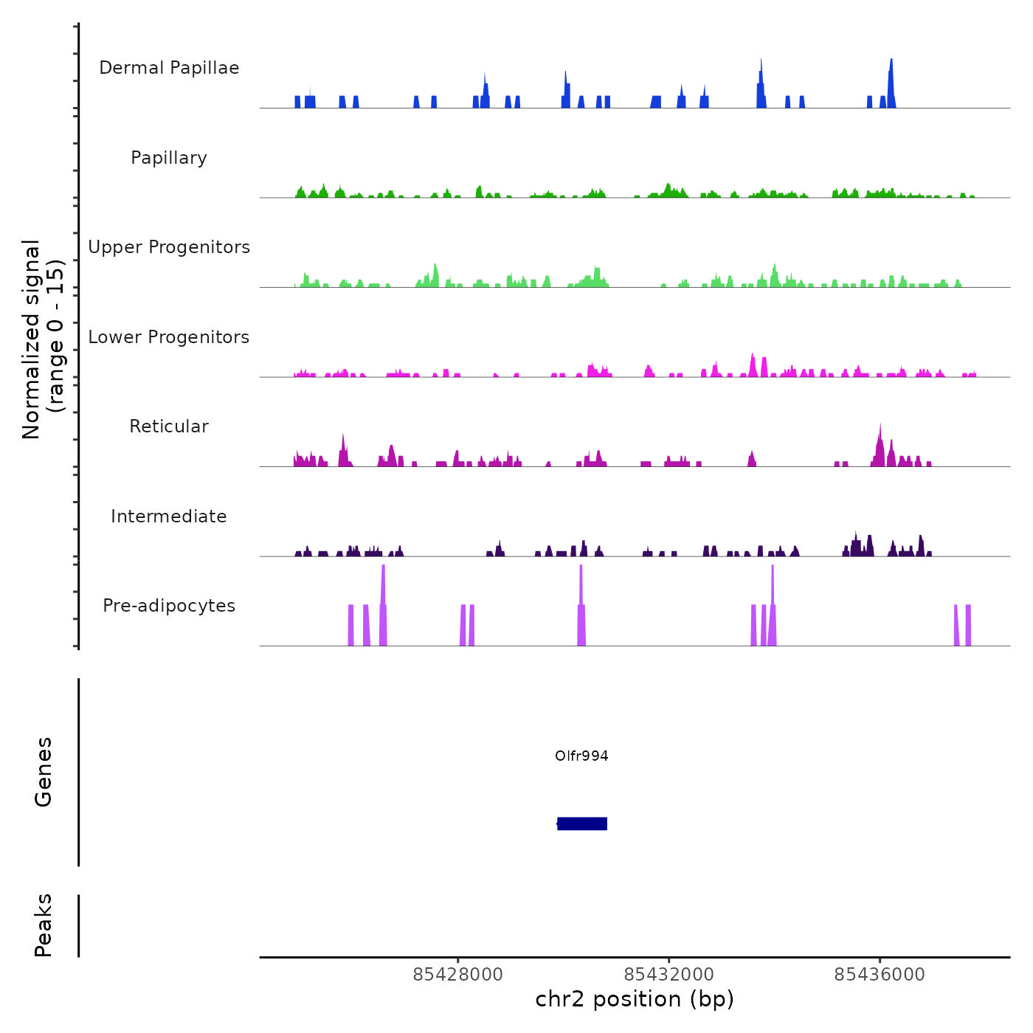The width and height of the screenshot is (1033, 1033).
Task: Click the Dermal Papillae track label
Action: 169,68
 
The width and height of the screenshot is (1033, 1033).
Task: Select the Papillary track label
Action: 169,158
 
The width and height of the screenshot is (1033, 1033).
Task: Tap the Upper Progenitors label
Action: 169,247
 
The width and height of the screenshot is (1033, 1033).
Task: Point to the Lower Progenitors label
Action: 169,337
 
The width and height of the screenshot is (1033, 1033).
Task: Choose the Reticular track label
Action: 169,426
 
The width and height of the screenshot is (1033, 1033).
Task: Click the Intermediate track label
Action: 169,516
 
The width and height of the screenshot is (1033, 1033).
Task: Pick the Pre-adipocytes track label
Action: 169,606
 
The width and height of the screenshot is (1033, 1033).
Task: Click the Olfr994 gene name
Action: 581,756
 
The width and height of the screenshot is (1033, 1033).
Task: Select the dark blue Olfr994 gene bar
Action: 582,823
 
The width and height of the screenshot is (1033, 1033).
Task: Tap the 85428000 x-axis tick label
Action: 457,975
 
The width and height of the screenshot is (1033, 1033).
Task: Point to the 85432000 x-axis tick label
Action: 668,975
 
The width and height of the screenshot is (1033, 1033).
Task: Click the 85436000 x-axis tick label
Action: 880,975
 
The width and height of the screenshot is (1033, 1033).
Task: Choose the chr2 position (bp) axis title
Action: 635,999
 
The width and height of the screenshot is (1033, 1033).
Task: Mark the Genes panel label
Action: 44,772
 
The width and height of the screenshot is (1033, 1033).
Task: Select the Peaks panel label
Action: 44,925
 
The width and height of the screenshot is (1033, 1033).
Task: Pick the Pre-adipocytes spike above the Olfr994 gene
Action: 581,590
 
